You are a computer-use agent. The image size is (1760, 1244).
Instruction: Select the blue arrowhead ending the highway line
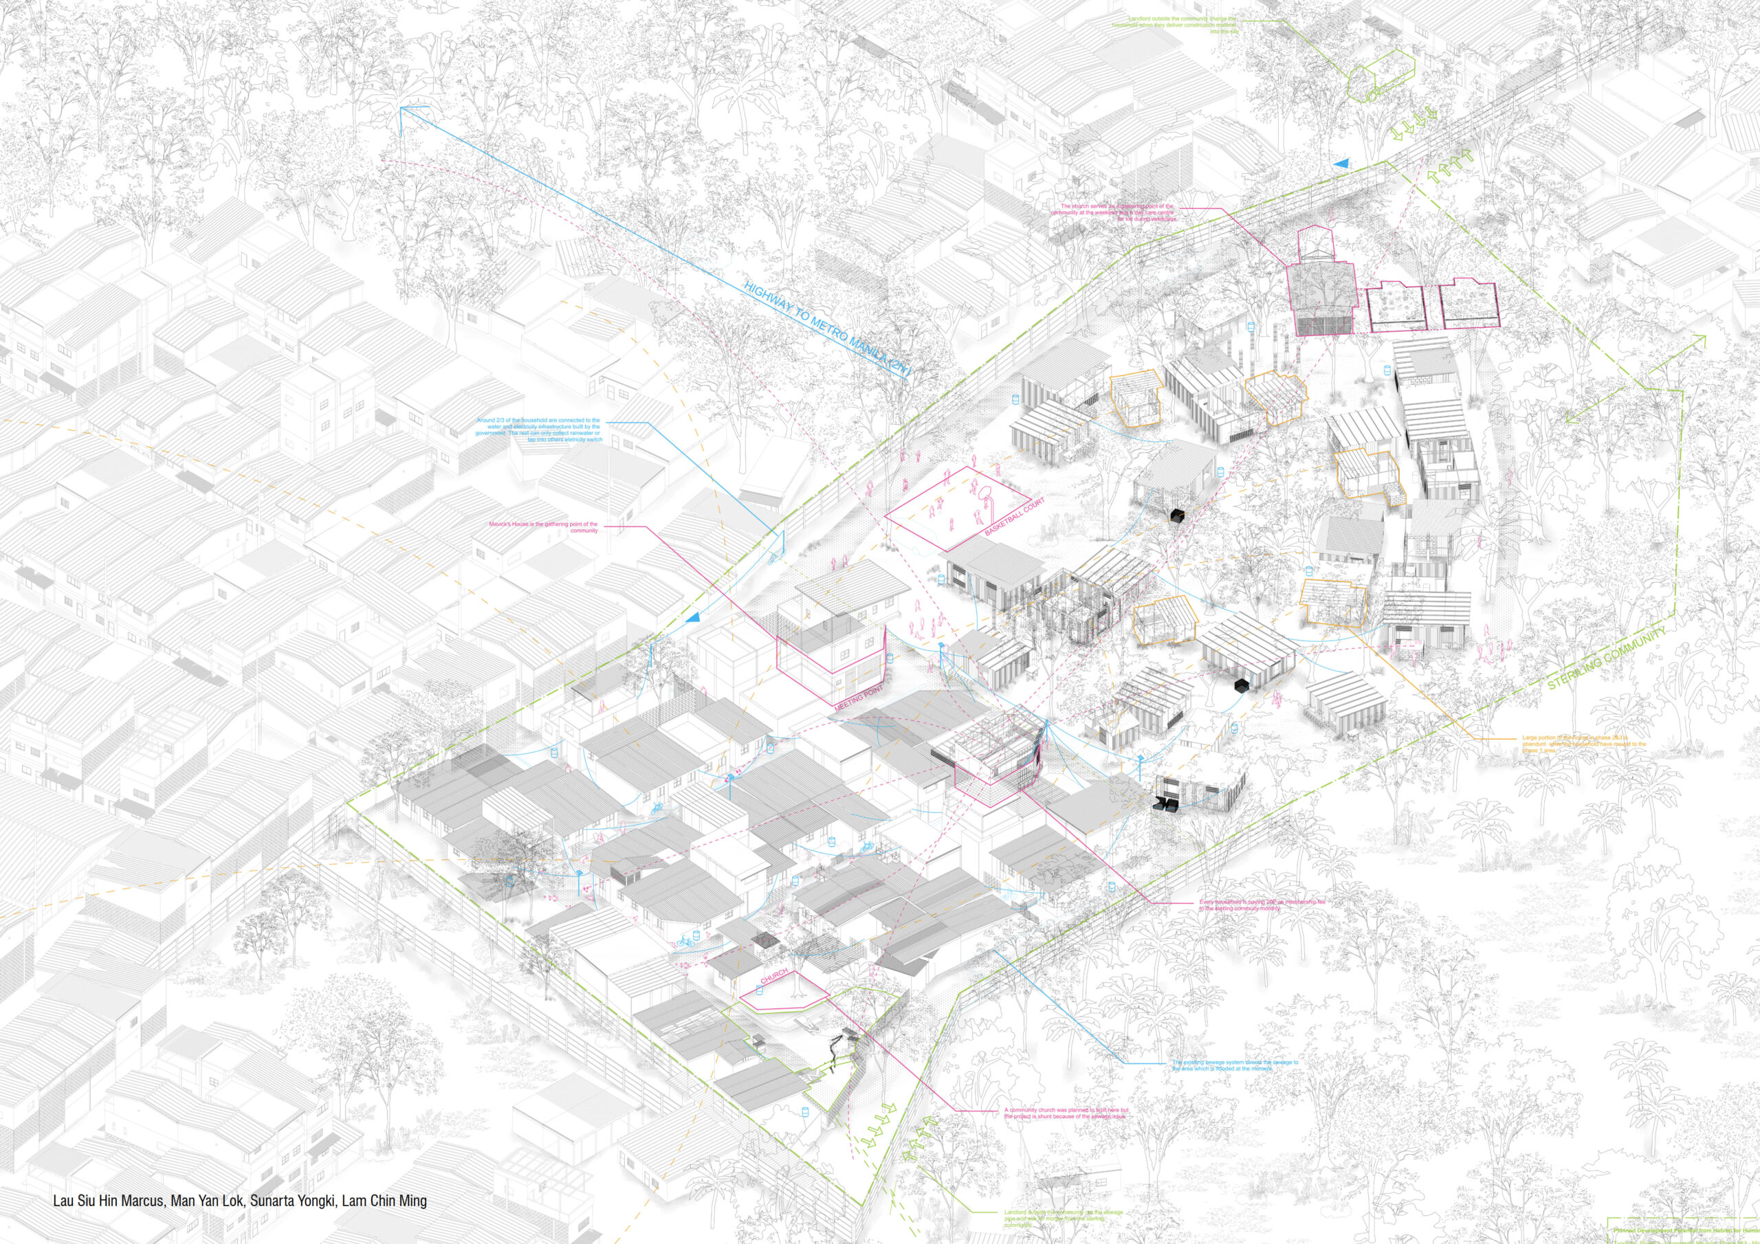402,111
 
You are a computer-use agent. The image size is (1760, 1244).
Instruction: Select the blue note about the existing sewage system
1235,1066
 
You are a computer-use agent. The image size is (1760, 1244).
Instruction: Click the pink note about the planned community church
1066,1113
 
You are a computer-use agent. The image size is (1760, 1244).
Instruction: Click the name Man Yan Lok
207,1200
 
